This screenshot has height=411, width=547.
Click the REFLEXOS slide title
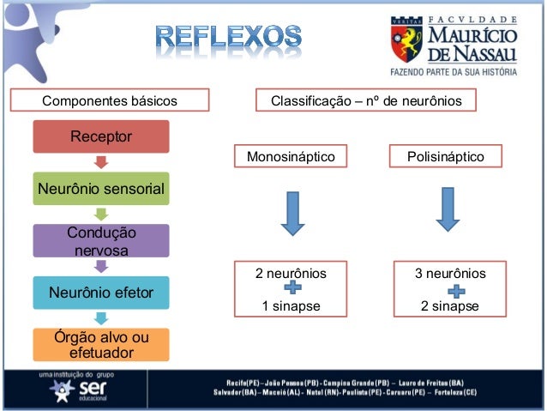229,39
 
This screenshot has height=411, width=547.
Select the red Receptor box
101,137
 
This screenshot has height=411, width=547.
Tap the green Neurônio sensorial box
101,188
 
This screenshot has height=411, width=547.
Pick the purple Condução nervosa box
101,241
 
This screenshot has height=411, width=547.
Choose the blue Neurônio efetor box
101,293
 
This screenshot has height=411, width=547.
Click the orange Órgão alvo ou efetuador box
101,344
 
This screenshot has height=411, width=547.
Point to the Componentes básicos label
110,102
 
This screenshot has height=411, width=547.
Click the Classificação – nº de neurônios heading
367,102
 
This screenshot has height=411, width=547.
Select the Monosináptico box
291,158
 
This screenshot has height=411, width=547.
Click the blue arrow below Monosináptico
292,213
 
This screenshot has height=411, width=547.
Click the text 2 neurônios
291,274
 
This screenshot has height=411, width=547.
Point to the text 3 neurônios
450,274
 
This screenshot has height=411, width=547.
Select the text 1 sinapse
291,306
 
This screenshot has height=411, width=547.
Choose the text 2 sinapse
450,306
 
